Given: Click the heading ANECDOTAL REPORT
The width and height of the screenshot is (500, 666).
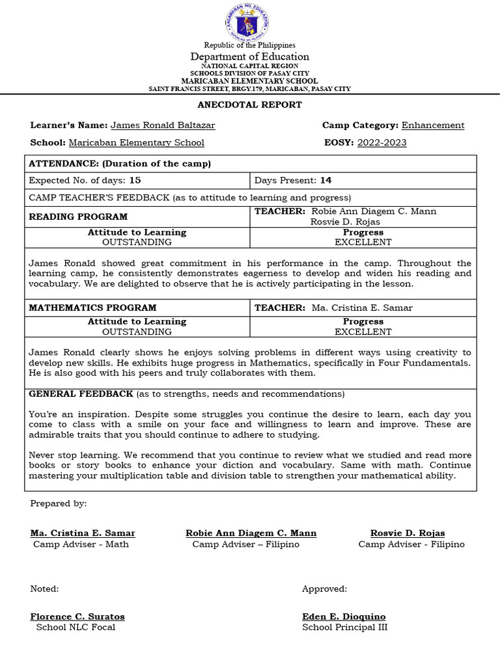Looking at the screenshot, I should click(250, 105).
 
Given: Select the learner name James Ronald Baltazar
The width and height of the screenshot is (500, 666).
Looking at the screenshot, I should click(163, 126).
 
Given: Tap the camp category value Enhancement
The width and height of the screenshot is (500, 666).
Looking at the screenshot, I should click(433, 126).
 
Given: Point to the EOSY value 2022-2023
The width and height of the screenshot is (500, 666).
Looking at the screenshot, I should click(382, 143).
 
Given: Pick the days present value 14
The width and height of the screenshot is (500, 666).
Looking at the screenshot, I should click(326, 180).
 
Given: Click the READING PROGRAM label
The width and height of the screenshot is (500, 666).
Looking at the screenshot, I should click(78, 217).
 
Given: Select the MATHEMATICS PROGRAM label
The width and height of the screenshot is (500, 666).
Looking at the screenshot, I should click(92, 308).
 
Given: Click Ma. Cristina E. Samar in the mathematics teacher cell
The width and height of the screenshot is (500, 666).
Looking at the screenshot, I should click(362, 308).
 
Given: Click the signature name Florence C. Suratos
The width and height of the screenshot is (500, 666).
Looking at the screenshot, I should click(77, 617).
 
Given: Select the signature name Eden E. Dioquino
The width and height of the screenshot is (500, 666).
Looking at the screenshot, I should click(344, 617).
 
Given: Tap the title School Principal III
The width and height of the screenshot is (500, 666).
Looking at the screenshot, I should click(345, 628).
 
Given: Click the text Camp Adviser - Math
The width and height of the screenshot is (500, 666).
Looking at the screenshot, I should click(81, 544).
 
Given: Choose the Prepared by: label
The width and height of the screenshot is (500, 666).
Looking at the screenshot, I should click(58, 504).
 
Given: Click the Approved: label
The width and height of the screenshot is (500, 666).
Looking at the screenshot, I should click(324, 589).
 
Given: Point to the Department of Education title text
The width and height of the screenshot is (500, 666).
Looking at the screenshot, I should click(250, 57).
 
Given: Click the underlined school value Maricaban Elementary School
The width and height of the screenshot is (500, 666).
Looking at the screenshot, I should click(136, 143).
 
